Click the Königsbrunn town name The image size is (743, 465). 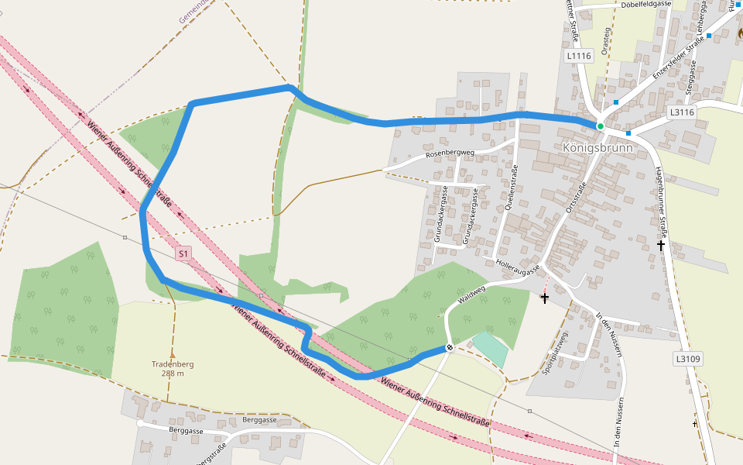point(597,147)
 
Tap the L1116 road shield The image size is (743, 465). point(579,56)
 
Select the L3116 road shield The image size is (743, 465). point(682,112)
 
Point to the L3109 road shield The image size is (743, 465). point(687,359)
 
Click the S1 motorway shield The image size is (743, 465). point(183,253)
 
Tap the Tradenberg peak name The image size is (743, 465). point(173,364)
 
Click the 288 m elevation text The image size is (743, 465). point(173,374)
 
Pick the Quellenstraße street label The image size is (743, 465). point(511,189)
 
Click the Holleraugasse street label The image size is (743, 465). point(517,268)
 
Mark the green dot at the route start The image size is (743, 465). point(600,126)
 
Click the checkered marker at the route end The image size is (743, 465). point(449,348)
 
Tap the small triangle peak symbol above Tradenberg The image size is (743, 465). point(172,354)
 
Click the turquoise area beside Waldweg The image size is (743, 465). point(491,347)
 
